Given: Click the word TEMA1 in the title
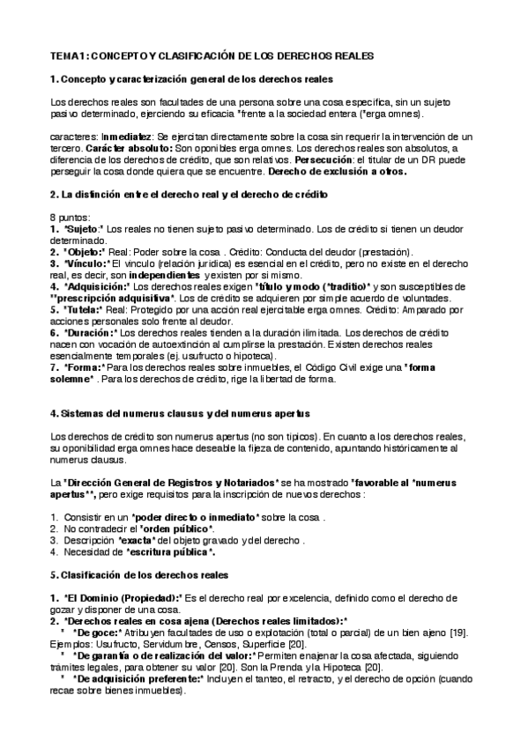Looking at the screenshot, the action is pyautogui.click(x=69, y=55).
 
